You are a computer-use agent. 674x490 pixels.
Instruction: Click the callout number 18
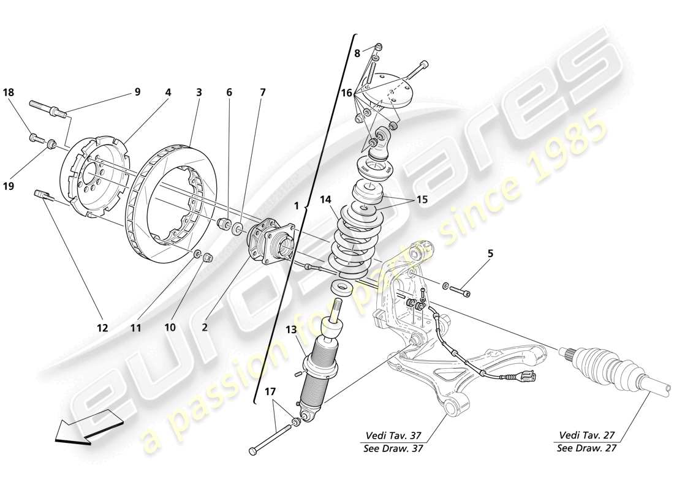point(8,92)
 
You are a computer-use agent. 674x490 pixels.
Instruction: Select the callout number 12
point(102,328)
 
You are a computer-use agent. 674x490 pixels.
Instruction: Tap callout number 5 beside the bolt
point(490,252)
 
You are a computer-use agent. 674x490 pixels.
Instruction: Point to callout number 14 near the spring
point(325,198)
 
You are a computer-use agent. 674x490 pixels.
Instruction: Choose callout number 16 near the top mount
point(346,94)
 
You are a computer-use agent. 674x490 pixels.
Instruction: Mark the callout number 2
point(205,328)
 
